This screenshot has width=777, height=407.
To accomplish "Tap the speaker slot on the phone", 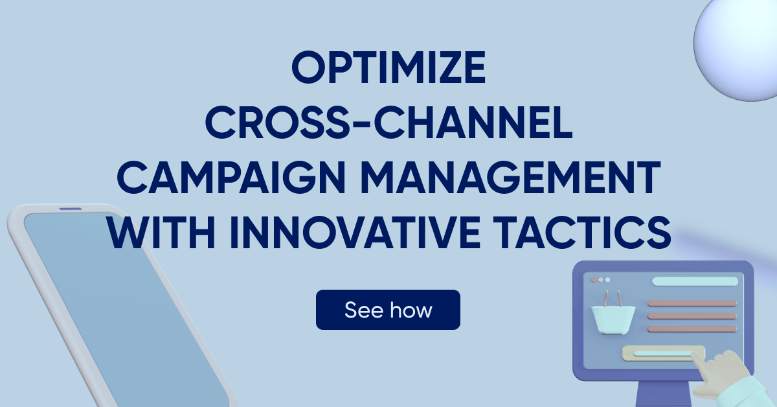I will (71, 209).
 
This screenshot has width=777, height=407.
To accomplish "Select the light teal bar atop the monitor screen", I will (694, 281).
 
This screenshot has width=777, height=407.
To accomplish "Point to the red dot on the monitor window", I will (593, 280).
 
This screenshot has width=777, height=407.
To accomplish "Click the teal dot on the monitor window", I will (607, 280).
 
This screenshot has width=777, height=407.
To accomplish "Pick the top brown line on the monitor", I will (692, 303).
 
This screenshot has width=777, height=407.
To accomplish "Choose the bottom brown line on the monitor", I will (692, 329).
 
